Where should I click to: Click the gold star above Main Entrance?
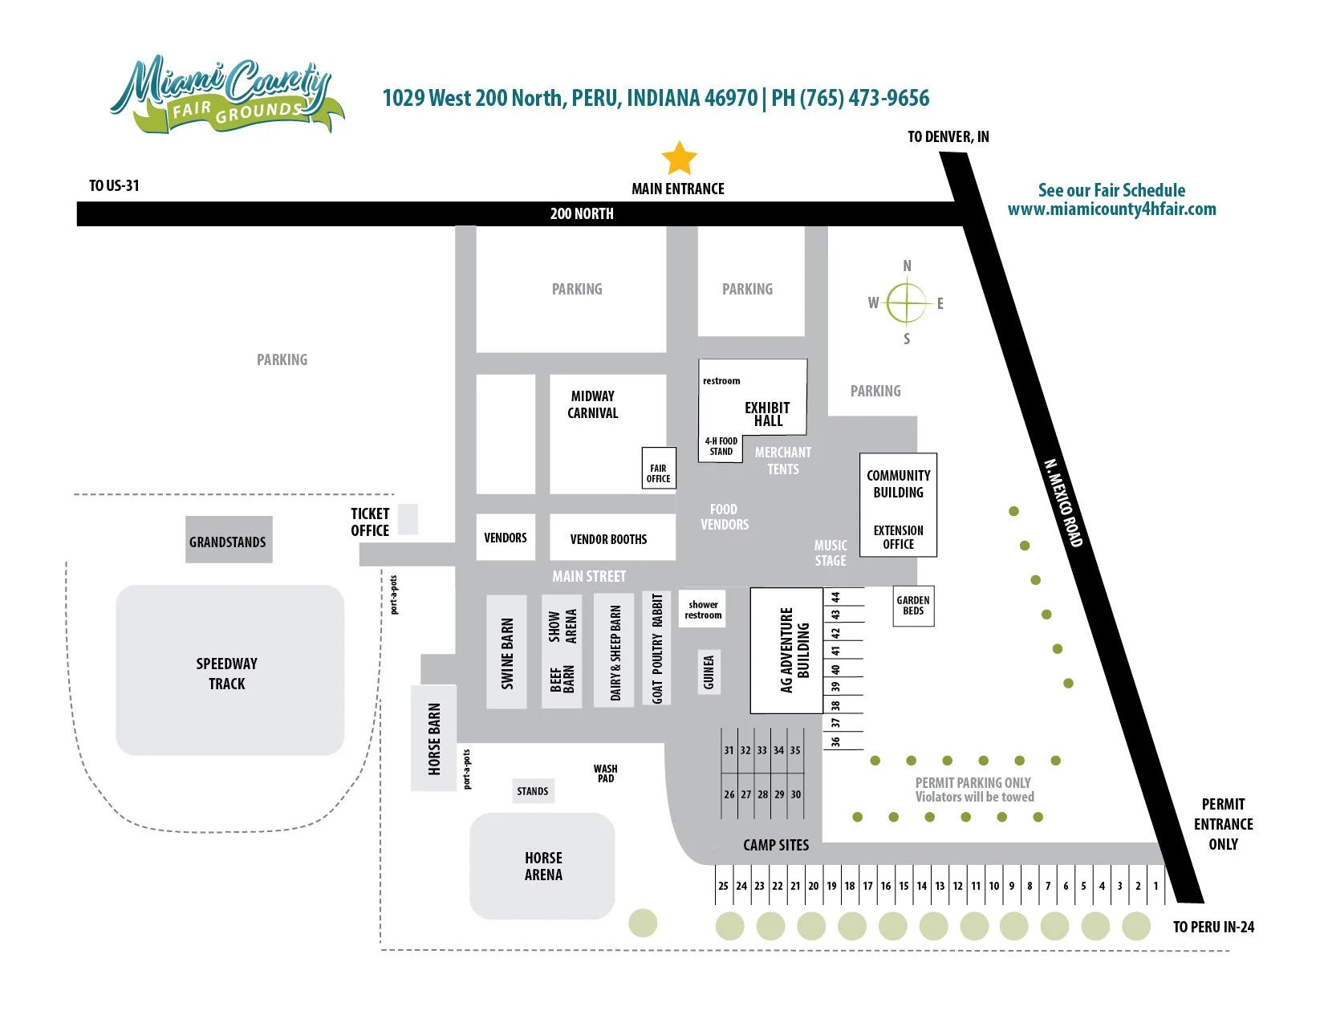tap(679, 158)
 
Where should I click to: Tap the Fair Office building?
tap(658, 469)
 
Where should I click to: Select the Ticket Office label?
tap(370, 522)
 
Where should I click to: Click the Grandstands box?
tap(229, 540)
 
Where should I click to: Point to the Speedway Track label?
tap(227, 673)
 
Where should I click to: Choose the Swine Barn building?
tap(506, 652)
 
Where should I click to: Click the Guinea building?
tap(709, 672)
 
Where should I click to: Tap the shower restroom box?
tap(703, 610)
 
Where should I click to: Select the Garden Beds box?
tap(913, 606)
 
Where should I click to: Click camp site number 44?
tap(835, 598)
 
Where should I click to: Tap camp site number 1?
tap(1155, 886)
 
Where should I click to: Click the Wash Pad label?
tap(606, 773)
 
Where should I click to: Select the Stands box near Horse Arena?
tap(533, 791)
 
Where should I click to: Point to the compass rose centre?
tap(907, 302)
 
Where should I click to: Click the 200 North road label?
tap(582, 213)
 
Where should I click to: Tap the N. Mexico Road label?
tap(1064, 502)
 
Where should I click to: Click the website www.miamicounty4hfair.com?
tap(1111, 209)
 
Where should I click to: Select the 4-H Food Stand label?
tap(721, 446)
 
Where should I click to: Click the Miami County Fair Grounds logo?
tap(225, 95)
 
